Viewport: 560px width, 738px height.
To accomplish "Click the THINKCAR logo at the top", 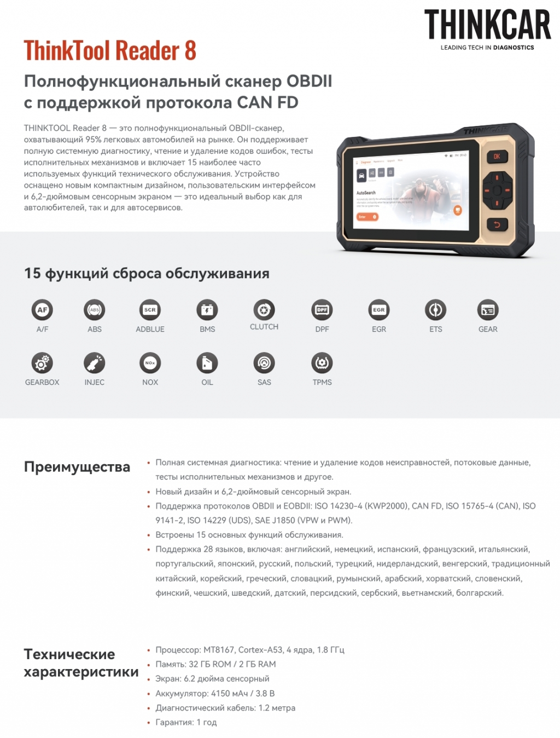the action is (x=487, y=29).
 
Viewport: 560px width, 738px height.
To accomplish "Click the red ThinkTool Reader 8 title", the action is (x=110, y=50).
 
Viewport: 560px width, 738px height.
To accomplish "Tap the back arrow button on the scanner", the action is (x=497, y=224).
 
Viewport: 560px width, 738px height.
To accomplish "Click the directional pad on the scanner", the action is (x=497, y=191).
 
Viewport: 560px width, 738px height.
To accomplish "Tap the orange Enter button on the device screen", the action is (x=367, y=217).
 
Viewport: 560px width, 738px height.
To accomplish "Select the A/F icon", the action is (x=42, y=310).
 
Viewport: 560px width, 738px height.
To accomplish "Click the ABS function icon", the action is (x=95, y=310).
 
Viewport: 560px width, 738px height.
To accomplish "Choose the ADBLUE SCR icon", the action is (x=150, y=310).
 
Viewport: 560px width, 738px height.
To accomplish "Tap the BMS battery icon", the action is (x=207, y=310).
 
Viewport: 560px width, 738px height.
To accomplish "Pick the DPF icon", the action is (x=322, y=310).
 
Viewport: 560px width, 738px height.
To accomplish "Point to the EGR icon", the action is (x=378, y=310).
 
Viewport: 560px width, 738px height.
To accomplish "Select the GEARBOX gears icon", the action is (x=42, y=363).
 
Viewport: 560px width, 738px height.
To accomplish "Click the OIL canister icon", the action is (x=207, y=363).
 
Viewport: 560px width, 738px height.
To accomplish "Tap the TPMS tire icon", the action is (x=322, y=363).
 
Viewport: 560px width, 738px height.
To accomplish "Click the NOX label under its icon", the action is (x=150, y=382).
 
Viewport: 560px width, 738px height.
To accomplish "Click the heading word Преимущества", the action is (x=77, y=467).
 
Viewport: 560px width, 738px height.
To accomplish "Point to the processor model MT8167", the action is (x=219, y=650).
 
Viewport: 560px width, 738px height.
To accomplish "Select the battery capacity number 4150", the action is (x=221, y=693).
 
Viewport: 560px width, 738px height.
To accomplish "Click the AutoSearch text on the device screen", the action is (x=366, y=193).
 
